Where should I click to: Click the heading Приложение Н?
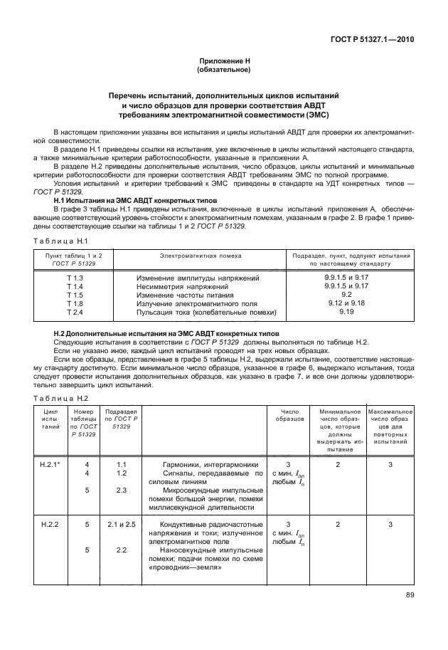point(223,63)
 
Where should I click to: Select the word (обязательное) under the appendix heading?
point(223,70)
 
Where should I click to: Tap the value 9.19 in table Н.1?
point(347,312)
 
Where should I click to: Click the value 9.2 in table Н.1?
point(347,294)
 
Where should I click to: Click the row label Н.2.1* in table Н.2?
point(50,464)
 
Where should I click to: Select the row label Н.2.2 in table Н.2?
point(50,524)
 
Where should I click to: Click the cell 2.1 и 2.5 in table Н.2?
point(121,524)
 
